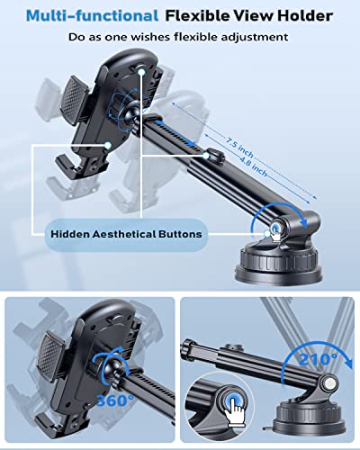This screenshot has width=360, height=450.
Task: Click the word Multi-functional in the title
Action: [92, 15]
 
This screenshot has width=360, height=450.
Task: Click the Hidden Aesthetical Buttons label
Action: [126, 234]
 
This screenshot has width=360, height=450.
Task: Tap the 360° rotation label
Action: [115, 400]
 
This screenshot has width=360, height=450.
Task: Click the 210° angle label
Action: [318, 359]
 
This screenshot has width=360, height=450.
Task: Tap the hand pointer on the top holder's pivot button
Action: [277, 233]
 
